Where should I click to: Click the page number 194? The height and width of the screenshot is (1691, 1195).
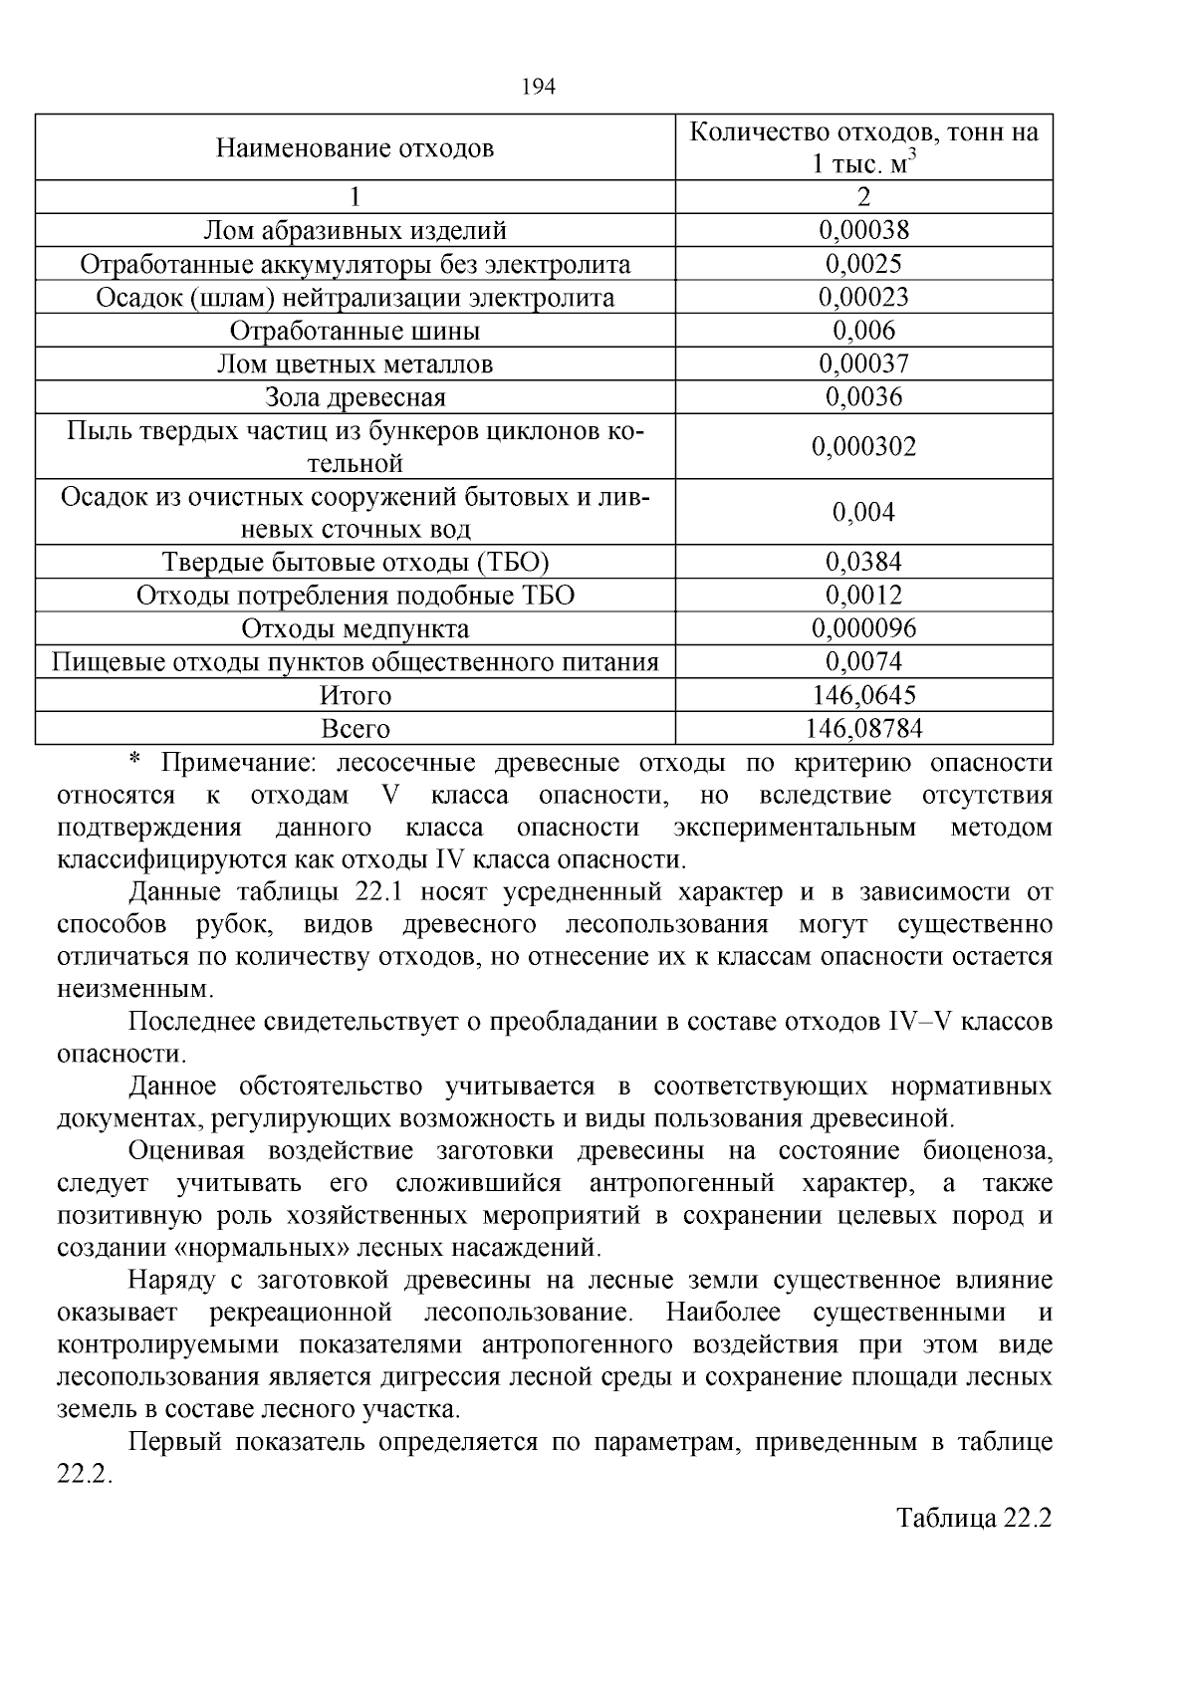click(x=538, y=87)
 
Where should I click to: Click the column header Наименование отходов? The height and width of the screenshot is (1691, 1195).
click(x=355, y=149)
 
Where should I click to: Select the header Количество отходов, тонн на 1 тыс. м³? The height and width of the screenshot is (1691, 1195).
click(x=863, y=147)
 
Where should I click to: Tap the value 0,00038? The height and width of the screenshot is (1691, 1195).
click(x=863, y=231)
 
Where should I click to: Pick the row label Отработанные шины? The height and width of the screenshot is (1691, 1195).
click(x=355, y=331)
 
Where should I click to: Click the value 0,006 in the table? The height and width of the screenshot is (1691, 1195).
click(x=863, y=331)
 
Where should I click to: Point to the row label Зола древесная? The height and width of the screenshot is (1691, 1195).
click(x=355, y=397)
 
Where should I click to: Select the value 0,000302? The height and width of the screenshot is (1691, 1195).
click(x=863, y=446)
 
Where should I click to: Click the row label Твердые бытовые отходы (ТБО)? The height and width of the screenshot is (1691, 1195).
click(x=355, y=563)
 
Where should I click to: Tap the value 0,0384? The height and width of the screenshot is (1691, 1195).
click(x=863, y=563)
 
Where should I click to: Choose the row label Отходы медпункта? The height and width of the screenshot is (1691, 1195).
click(x=355, y=629)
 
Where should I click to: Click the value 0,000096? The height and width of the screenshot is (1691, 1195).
click(x=863, y=629)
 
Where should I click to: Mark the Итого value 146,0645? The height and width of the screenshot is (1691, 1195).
click(x=863, y=695)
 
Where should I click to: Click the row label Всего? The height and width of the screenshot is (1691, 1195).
click(x=355, y=729)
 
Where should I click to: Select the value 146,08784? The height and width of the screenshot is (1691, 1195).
click(x=863, y=729)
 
